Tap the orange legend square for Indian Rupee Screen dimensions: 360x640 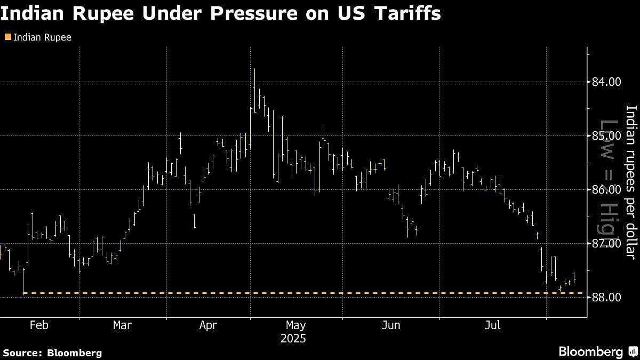[x=6, y=37]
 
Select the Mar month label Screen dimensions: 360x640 [x=123, y=325]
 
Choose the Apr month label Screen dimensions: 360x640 [x=208, y=325]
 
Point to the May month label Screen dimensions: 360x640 [x=295, y=325]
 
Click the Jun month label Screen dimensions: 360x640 [x=391, y=325]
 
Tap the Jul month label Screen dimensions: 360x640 [x=493, y=325]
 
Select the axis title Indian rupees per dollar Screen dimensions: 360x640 [x=631, y=181]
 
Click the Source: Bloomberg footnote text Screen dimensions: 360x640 [x=52, y=353]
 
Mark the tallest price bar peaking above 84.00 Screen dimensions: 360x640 [x=255, y=91]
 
